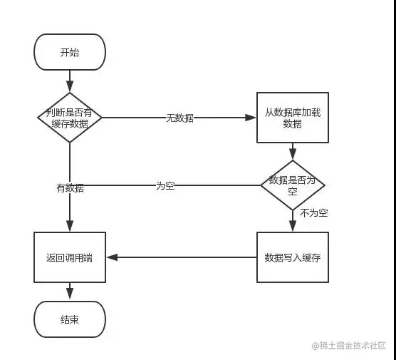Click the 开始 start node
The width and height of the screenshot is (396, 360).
click(70, 53)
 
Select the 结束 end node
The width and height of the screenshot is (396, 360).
click(70, 319)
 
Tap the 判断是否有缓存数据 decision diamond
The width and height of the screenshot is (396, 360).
click(70, 118)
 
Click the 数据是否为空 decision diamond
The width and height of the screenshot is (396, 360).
click(292, 185)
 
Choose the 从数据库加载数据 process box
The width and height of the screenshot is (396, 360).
click(292, 118)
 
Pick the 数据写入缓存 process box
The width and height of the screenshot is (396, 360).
click(292, 257)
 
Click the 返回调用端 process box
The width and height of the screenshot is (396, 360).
click(70, 257)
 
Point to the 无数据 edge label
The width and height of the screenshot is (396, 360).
click(179, 118)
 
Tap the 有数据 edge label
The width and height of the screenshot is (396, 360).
click(70, 188)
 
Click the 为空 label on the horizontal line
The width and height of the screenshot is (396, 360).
click(165, 185)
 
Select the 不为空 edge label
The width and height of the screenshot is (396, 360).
click(313, 213)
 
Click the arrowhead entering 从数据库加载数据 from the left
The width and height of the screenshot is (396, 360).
click(252, 118)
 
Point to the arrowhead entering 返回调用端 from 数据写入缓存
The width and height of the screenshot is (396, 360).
click(110, 257)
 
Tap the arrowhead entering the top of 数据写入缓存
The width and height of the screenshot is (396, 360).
click(292, 227)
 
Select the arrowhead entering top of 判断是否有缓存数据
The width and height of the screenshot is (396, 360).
click(70, 88)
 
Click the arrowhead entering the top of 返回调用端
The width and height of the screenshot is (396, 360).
click(70, 227)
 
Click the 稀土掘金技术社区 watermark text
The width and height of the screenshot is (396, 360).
click(352, 346)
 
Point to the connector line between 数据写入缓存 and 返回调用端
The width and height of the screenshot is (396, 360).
click(182, 257)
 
